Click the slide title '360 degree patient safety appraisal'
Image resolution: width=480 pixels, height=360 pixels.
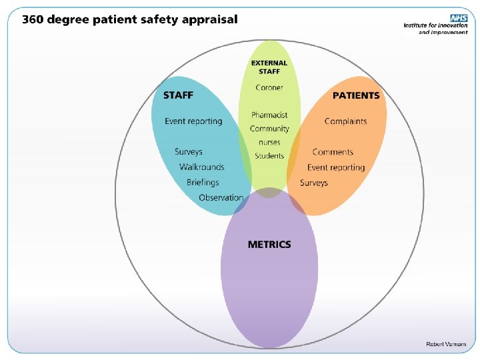pos(129,19)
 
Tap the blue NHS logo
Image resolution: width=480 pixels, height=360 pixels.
pos(458,18)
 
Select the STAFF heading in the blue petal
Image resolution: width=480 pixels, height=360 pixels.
pos(178,95)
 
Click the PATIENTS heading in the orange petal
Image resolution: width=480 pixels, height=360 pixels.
pos(356,95)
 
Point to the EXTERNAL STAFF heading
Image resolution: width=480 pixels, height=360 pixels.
pos(269,67)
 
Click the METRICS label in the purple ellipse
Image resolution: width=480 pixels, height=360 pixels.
pos(269,244)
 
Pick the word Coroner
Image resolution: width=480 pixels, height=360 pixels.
pos(269,87)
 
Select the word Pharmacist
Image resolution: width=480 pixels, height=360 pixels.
pos(269,115)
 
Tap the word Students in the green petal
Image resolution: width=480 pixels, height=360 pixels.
pos(269,156)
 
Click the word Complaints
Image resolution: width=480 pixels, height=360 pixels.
pos(345,121)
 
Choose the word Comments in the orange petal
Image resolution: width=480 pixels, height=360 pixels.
pos(333,152)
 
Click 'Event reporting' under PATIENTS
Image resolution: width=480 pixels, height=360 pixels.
pos(336,167)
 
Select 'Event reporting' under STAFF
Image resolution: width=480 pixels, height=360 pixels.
pos(193,121)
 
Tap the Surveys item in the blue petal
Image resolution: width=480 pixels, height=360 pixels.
pos(189,152)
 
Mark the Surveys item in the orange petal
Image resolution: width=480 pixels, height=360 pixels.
pos(314,183)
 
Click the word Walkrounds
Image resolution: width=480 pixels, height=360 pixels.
pos(201,167)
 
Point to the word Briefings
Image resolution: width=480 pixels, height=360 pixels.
pos(203,182)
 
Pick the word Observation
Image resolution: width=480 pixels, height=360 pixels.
pos(221,197)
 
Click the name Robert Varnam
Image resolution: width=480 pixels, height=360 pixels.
pos(447,343)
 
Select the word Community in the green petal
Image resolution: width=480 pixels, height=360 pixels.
pos(269,129)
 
